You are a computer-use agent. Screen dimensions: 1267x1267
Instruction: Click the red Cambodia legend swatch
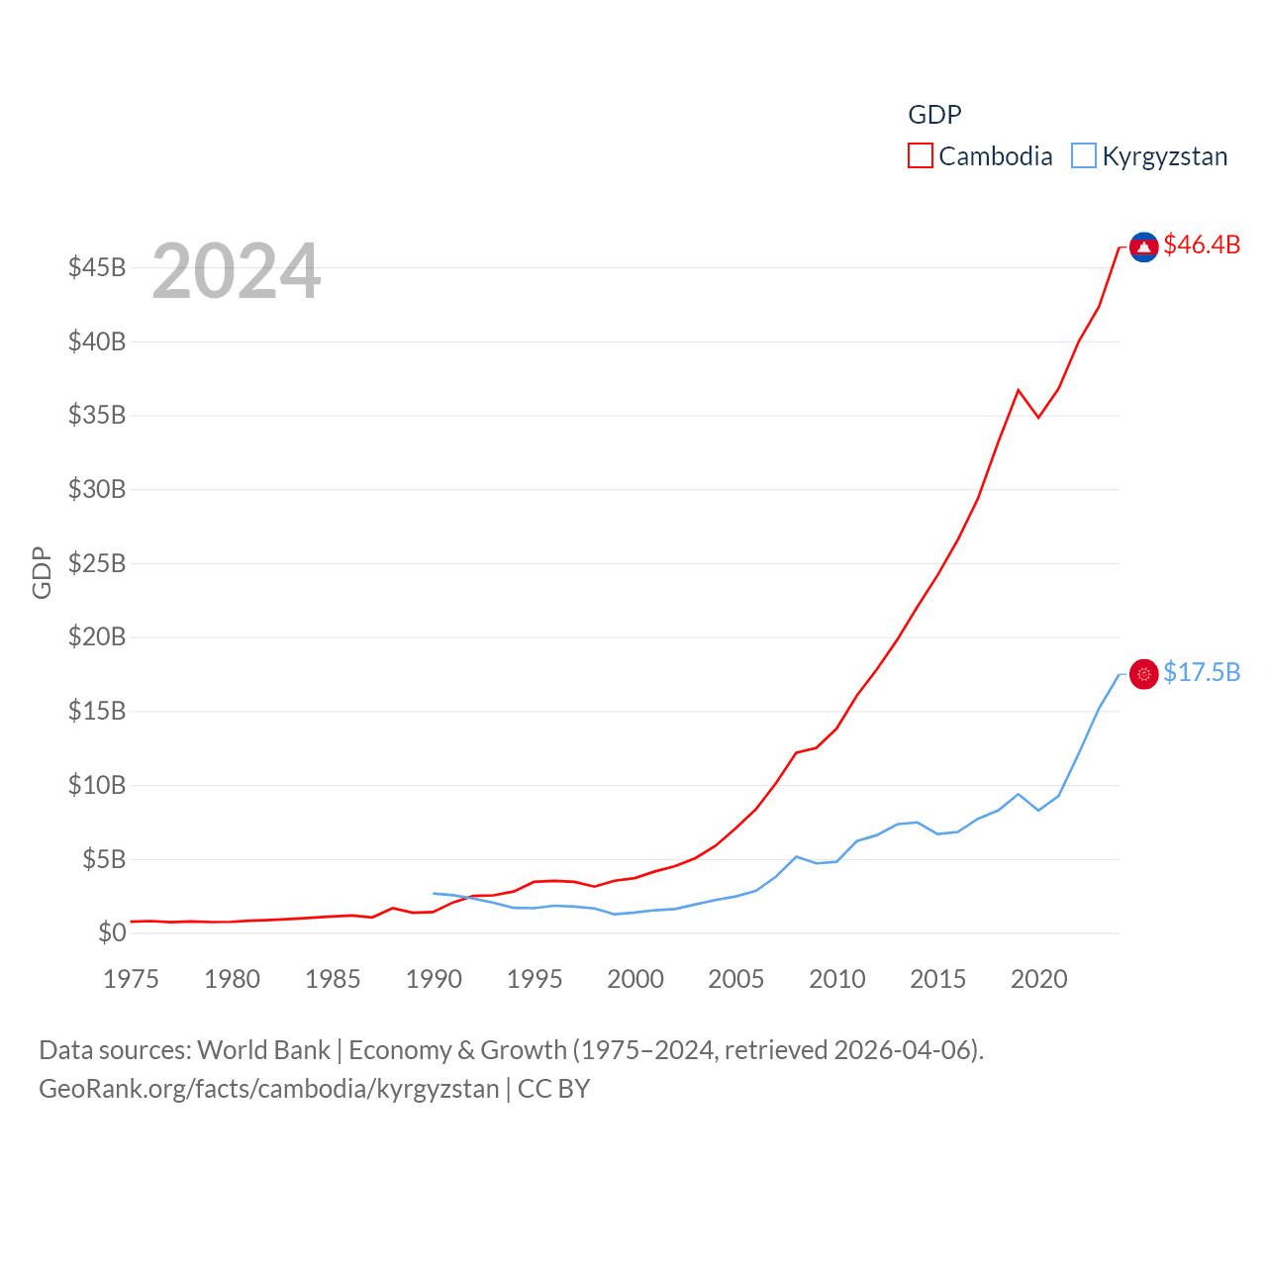pos(921,156)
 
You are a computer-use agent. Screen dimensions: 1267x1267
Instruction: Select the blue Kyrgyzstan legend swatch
pos(1084,156)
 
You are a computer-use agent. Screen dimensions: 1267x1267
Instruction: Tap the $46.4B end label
pos(1202,244)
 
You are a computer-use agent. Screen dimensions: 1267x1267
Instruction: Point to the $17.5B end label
pos(1202,673)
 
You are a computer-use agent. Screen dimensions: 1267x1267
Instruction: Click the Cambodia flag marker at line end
pos(1144,247)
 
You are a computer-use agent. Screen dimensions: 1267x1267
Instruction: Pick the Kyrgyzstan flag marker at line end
pos(1144,674)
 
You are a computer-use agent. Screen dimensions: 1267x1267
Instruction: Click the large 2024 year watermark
pos(236,271)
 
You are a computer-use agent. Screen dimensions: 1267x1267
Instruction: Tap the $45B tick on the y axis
pos(97,268)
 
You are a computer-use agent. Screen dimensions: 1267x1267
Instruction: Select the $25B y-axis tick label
pos(97,564)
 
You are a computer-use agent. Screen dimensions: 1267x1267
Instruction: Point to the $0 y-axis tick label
pos(112,933)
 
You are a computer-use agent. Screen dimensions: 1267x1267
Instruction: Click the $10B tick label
pos(97,786)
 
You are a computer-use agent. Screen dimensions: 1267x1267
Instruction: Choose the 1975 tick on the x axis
pos(131,980)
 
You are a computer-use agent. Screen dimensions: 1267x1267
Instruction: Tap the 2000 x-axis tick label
pos(635,980)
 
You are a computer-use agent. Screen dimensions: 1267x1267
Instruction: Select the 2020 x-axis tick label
pos(1039,980)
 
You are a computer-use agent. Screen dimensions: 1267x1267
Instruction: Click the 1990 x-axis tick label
pos(434,980)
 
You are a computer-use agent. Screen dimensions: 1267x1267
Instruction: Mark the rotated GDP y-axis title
pos(42,572)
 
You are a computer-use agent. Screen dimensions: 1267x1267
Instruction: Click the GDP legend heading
pos(934,115)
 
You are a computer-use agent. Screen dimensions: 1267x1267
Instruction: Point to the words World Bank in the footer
pos(264,1050)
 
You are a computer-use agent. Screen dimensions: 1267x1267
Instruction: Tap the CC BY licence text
pos(554,1089)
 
